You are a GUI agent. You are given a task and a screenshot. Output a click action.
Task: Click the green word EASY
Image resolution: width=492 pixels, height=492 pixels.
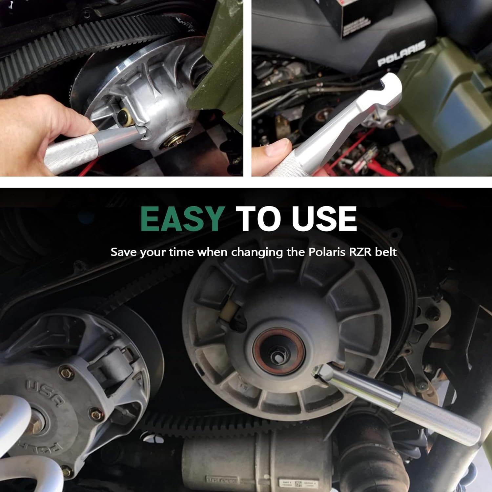182,219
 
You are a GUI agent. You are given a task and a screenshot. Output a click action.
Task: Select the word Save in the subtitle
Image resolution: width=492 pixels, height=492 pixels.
124,252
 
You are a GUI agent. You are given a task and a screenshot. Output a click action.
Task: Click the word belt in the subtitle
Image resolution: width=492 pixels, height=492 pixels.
386,252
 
